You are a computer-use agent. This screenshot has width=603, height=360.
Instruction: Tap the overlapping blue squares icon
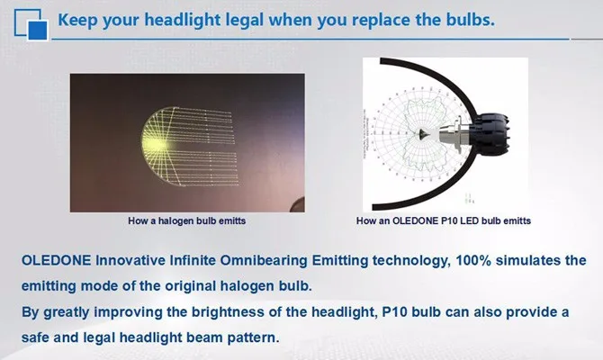tap(31, 24)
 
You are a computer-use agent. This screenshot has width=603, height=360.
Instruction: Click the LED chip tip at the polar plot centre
tap(423, 134)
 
